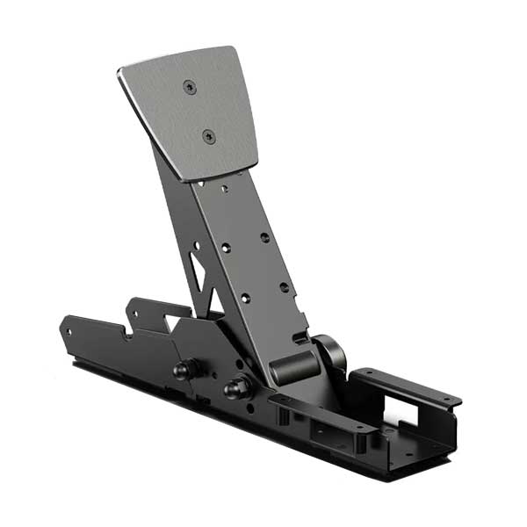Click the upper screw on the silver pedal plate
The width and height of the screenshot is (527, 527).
pos(190,86)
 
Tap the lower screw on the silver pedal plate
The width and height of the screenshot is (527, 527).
pos(208,135)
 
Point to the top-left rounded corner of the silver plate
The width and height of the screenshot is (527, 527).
pos(122,72)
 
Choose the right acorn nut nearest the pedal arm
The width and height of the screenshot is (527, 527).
pos(235,386)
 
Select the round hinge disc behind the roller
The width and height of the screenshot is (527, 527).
pos(330,356)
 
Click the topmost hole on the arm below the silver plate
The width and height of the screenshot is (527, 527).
pos(225,187)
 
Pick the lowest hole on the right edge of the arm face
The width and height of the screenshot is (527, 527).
pos(284,287)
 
